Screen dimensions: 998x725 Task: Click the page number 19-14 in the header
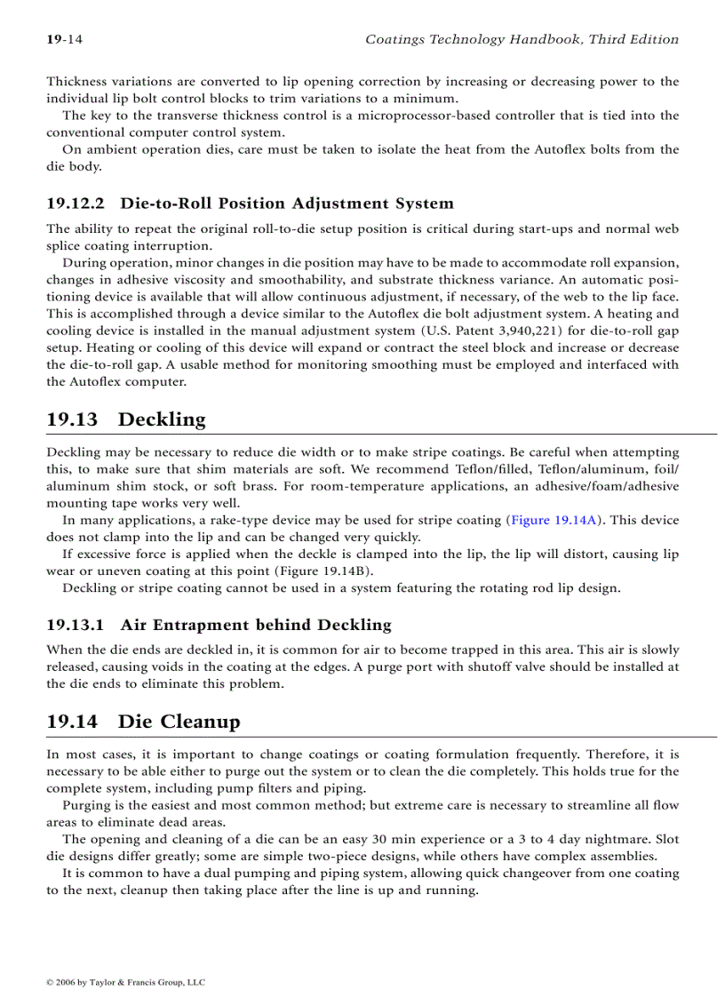pos(64,39)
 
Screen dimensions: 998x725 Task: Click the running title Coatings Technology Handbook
pos(522,39)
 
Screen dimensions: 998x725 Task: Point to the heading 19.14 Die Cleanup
pos(143,721)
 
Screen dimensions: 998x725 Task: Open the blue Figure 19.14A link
pos(550,520)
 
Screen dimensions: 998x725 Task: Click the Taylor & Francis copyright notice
pos(125,982)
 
